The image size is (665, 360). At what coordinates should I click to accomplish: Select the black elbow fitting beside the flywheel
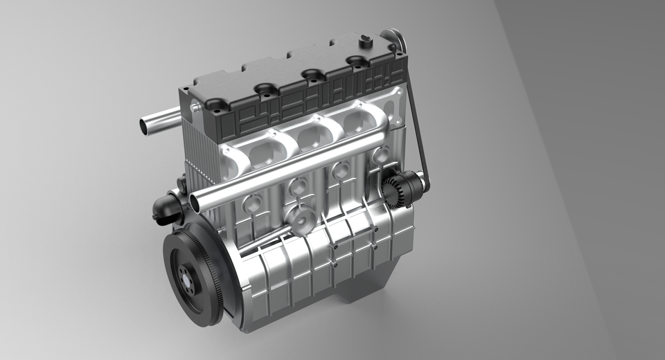[166, 208]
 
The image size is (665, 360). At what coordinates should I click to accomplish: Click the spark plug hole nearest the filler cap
[357, 61]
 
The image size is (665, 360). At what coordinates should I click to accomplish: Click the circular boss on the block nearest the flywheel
[252, 204]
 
